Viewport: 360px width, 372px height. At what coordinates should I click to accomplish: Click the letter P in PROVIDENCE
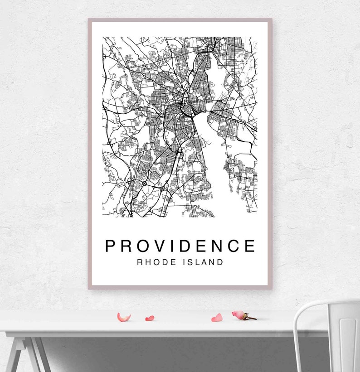112,246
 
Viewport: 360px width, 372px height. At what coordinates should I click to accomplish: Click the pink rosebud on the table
238,314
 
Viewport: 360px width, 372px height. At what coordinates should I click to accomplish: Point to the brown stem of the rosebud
251,318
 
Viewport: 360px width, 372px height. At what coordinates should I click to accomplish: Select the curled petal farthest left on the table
123,317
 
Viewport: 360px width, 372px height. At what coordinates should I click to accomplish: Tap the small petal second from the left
150,318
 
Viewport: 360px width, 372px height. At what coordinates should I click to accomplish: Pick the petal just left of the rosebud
217,318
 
